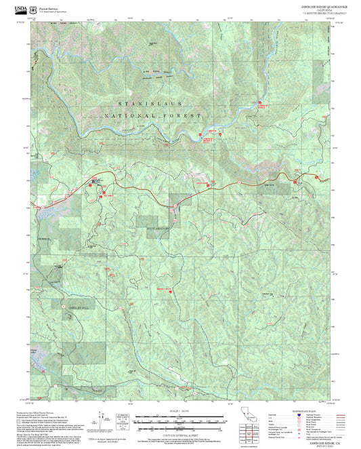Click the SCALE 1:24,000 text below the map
179,411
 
